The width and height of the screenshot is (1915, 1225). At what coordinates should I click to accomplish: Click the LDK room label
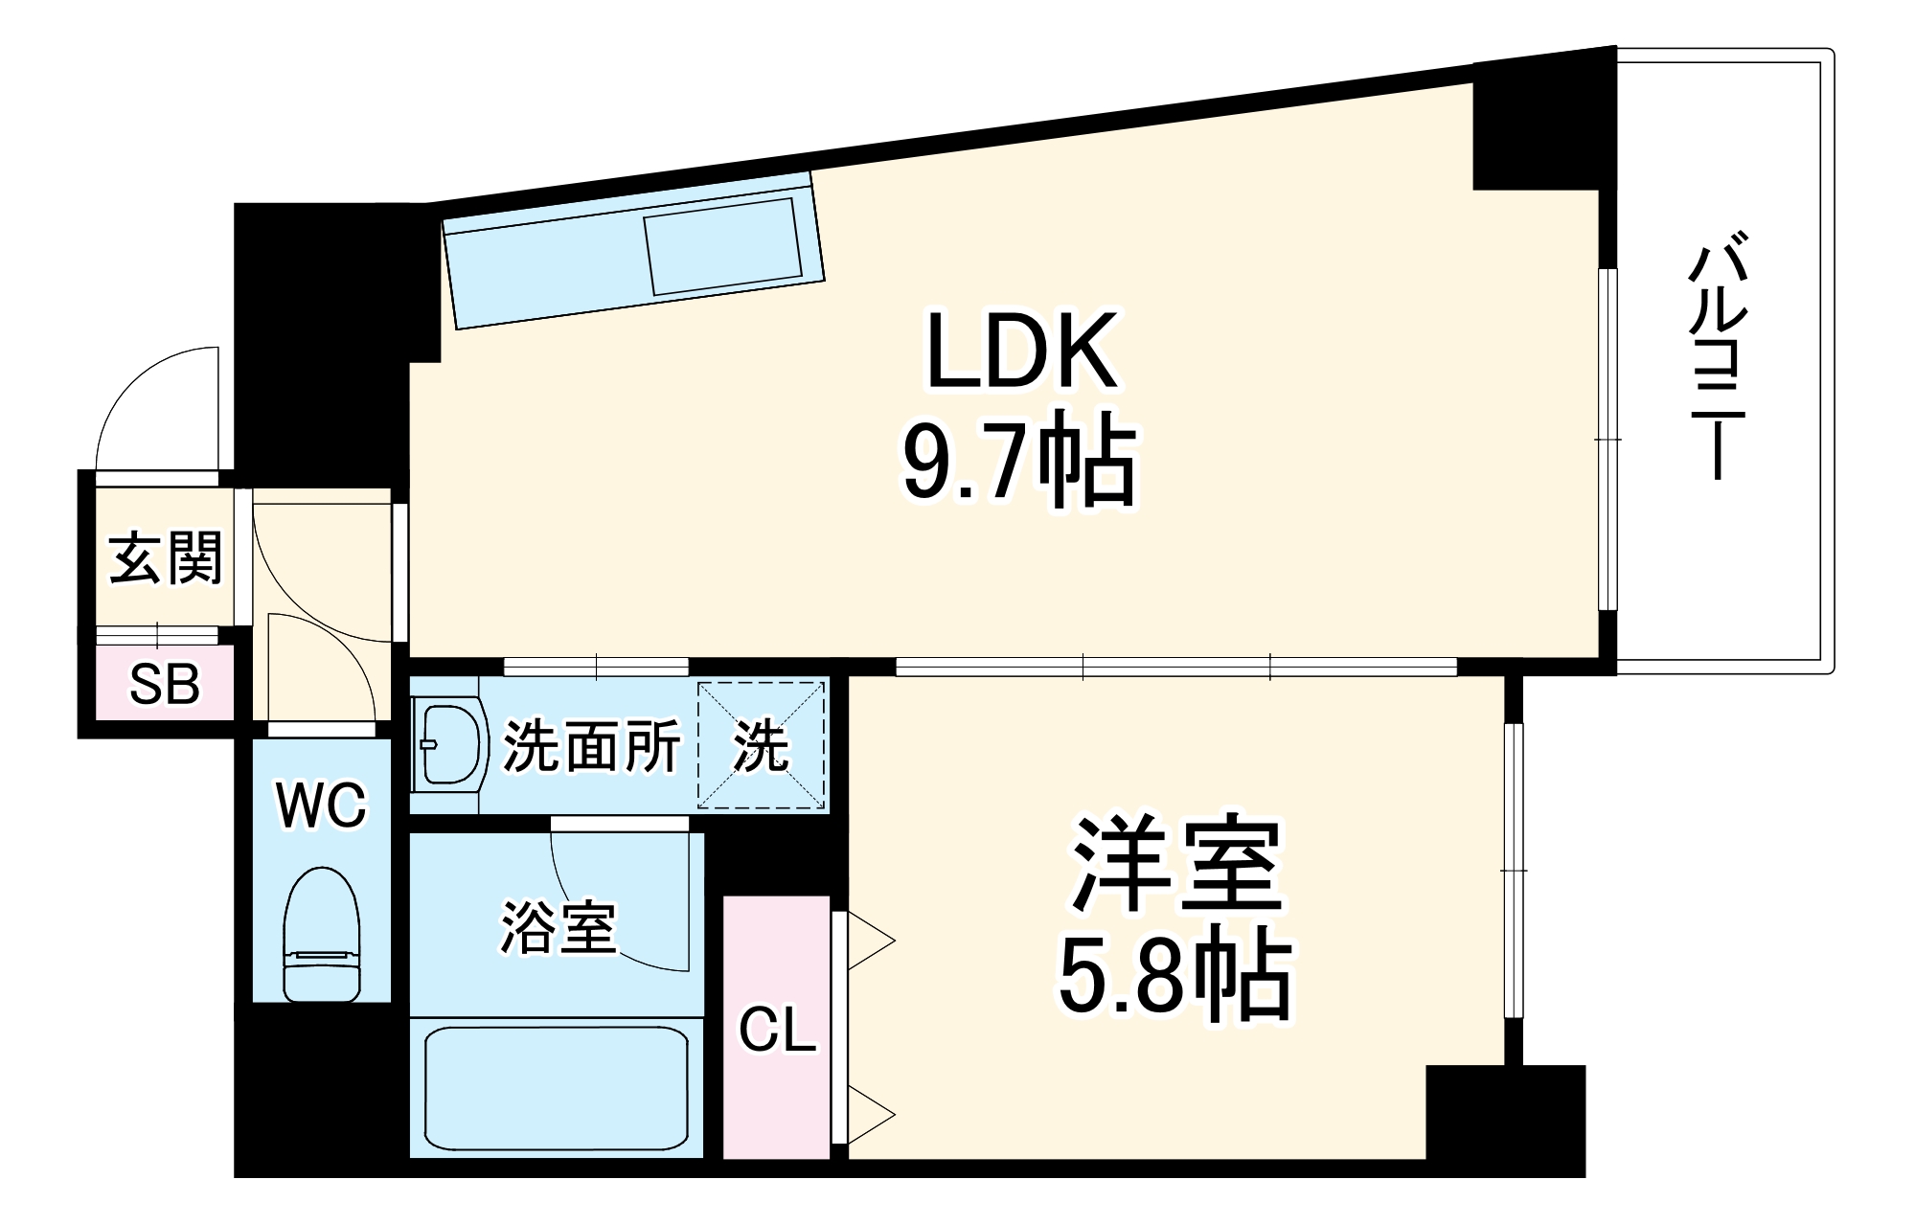1021,351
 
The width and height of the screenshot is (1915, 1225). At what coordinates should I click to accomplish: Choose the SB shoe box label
165,685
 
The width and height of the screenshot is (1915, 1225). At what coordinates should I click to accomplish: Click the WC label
321,805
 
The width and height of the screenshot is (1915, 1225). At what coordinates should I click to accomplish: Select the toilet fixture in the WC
322,933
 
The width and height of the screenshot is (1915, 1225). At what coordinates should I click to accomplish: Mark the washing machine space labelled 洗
761,745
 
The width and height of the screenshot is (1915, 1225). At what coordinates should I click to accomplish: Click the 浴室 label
558,927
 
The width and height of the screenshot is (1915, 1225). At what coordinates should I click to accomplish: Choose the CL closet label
776,1031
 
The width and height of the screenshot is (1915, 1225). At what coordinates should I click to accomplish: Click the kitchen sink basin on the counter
723,245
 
